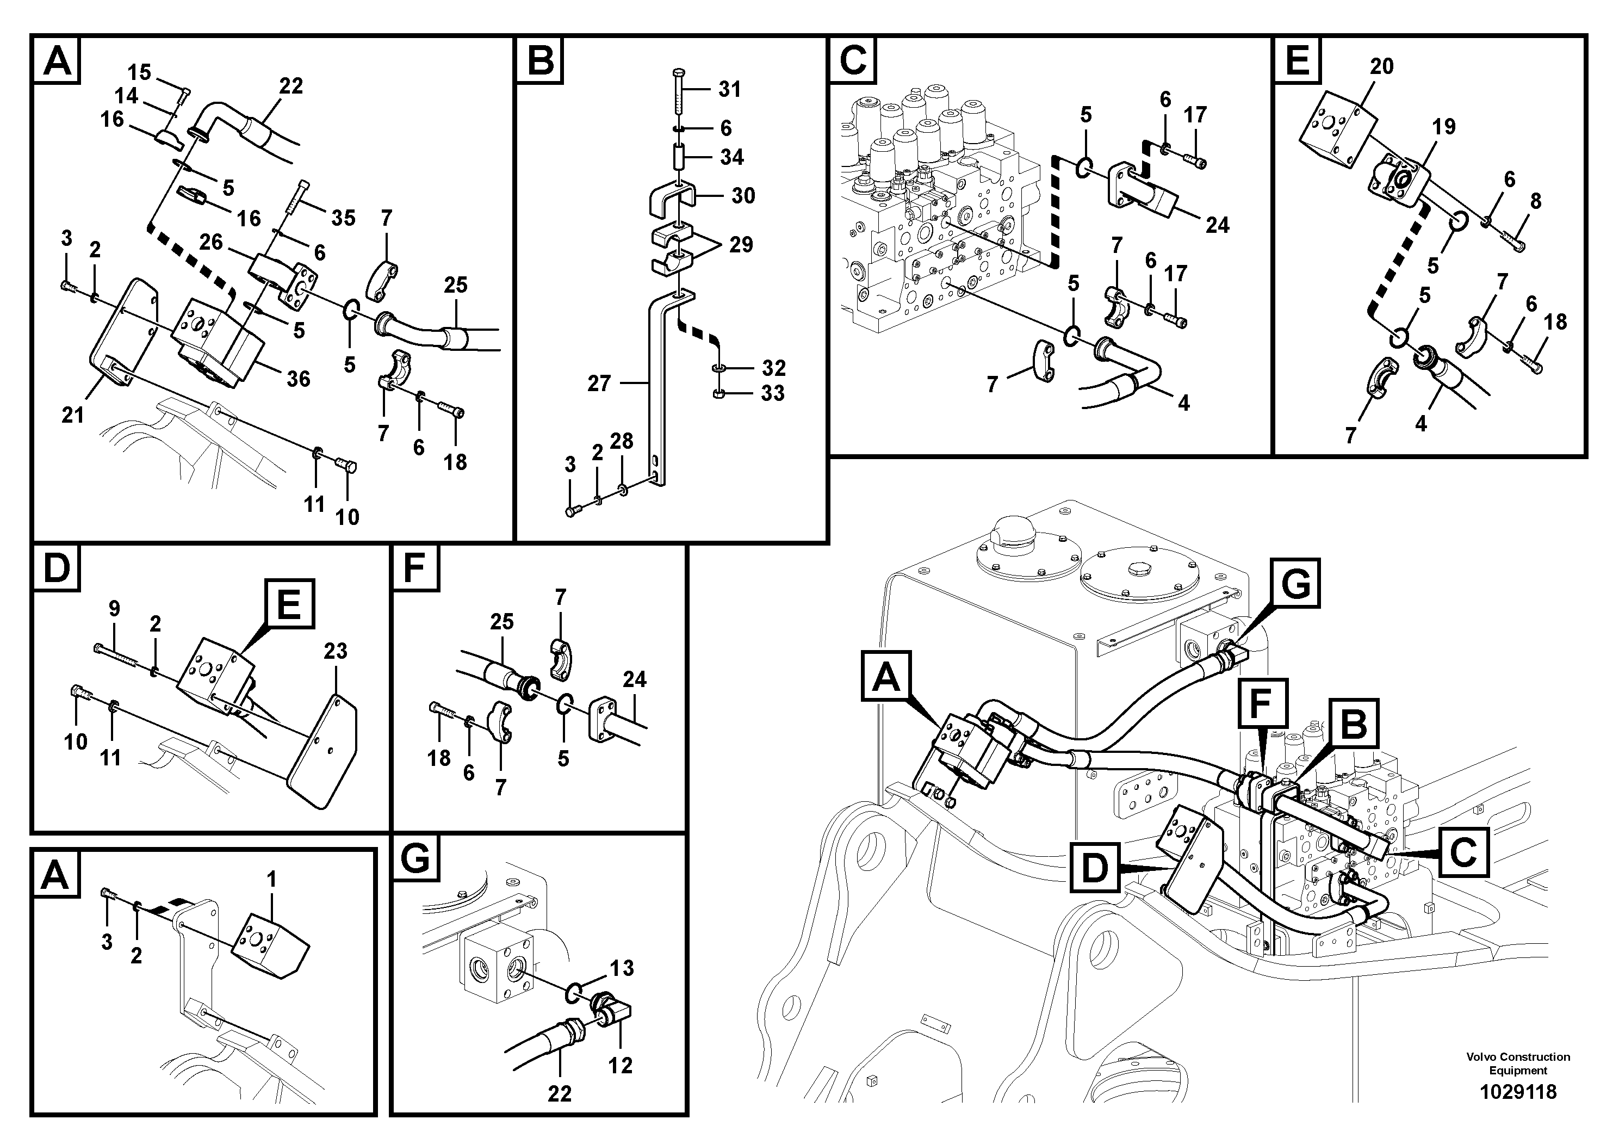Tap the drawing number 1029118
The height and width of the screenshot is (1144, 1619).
point(1517,1092)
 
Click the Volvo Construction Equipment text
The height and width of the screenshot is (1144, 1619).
point(1517,1063)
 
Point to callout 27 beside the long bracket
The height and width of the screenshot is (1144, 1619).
point(599,383)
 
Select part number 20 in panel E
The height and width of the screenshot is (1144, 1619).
point(1381,66)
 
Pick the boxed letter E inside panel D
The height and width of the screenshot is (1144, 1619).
point(289,604)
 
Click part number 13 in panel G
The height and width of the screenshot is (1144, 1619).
point(621,968)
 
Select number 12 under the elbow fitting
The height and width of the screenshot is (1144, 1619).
point(620,1065)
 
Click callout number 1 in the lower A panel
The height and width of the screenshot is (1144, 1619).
point(271,880)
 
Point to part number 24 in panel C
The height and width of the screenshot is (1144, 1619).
point(1217,225)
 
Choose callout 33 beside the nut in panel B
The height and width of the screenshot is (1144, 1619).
point(772,393)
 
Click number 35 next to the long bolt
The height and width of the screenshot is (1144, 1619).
point(343,218)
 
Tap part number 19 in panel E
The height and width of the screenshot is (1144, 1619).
point(1443,127)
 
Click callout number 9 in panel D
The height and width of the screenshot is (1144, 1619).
point(114,608)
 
